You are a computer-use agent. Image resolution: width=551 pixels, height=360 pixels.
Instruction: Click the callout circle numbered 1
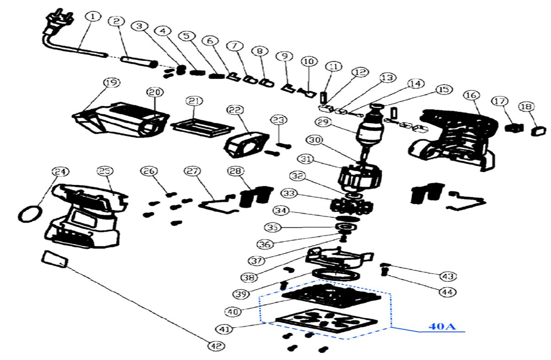[93, 17]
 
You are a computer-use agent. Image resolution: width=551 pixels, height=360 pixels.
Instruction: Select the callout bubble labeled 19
[111, 83]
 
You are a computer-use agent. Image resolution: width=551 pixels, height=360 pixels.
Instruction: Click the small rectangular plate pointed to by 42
[55, 259]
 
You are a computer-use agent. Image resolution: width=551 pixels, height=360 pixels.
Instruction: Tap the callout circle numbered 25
[105, 171]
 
